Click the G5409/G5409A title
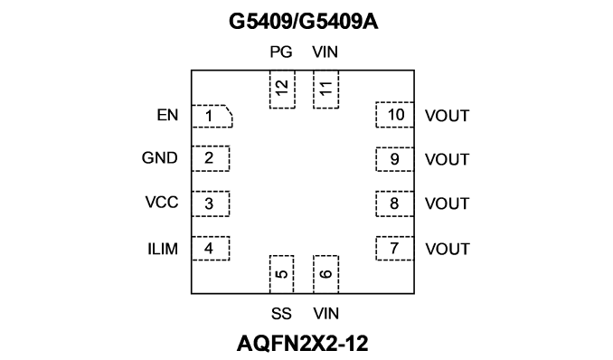(x=304, y=22)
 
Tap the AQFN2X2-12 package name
(x=302, y=343)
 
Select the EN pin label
(x=167, y=115)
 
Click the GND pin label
(x=159, y=157)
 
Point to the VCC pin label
(x=162, y=203)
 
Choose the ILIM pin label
(x=163, y=249)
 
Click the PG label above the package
(x=281, y=52)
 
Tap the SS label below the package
(x=281, y=314)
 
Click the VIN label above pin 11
(x=325, y=52)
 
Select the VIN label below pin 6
(x=326, y=314)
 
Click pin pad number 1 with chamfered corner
(x=212, y=116)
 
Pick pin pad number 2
(x=211, y=158)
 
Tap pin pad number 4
(x=211, y=249)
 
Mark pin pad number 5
(x=281, y=274)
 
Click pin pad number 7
(x=394, y=249)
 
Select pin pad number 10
(x=394, y=115)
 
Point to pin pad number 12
(x=282, y=90)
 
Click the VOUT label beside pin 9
(x=447, y=160)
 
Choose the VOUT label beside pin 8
(x=447, y=204)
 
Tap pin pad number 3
(x=211, y=204)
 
